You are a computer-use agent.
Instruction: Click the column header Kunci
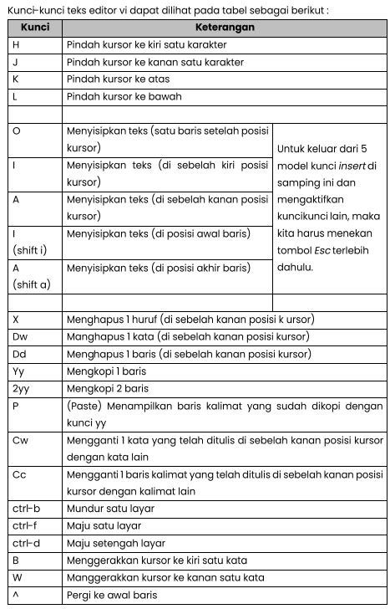pos(35,28)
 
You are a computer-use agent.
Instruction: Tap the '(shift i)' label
pos(30,249)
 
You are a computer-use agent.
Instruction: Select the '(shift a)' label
pos(32,284)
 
